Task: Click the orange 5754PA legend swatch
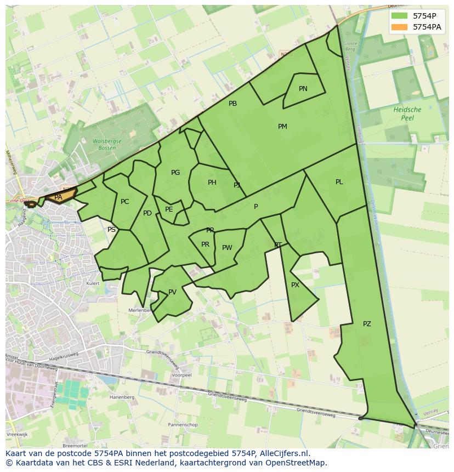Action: [399, 27]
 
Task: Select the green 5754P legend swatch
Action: [399, 16]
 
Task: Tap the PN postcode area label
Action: [303, 89]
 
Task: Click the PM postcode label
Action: [282, 127]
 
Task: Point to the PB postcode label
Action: [233, 104]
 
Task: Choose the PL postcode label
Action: [339, 182]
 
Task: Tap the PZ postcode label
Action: [367, 324]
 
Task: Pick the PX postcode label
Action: [295, 285]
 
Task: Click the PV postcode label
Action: [172, 292]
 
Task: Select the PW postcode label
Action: [227, 248]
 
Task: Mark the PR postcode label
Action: [205, 244]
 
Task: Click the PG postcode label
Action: [175, 173]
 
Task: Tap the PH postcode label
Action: [212, 183]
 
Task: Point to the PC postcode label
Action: [125, 202]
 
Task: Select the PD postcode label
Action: [147, 213]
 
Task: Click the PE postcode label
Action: [169, 209]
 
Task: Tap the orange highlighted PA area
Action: [59, 197]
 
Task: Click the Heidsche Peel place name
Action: [407, 113]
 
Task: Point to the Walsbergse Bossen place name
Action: [104, 145]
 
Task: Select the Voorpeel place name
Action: [181, 376]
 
